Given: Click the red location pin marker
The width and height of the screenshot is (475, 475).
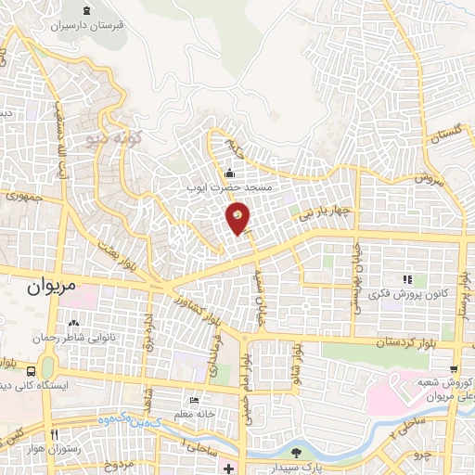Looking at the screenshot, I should pos(238,217).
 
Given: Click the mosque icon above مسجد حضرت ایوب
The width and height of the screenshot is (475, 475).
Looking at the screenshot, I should pos(230,172).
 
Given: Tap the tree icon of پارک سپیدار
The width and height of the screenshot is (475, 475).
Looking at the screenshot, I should pos(295,453).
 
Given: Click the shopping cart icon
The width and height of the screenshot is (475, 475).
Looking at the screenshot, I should pos(453,368).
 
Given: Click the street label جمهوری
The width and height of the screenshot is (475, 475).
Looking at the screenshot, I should pos(23,196).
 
